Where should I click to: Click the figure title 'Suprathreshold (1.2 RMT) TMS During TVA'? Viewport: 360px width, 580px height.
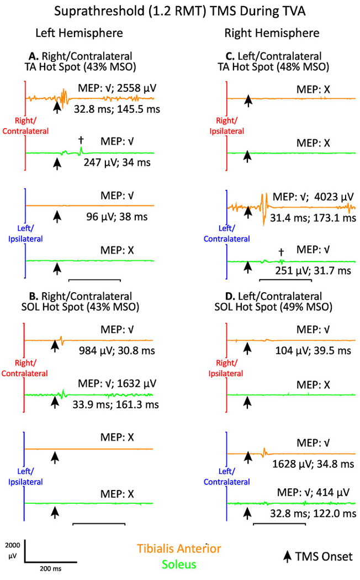tap(179, 10)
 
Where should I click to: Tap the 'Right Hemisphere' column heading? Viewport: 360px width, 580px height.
tap(272, 34)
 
